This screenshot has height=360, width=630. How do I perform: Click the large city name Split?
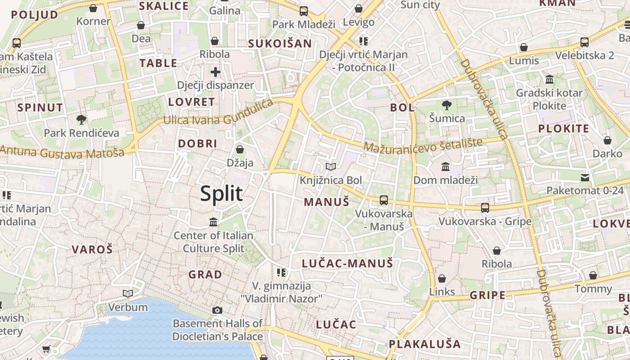coord(221,193)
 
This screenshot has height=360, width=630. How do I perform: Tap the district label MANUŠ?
coord(326,202)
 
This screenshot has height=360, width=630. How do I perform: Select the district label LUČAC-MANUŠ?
coord(347,263)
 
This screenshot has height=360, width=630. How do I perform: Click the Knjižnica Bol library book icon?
coord(331,167)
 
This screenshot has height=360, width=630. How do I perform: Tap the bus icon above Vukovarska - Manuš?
coord(384,200)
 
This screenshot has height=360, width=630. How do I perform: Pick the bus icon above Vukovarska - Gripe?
coord(485,208)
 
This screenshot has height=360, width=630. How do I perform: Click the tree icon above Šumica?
coord(446,105)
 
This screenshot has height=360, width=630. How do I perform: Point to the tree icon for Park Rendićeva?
coord(81,120)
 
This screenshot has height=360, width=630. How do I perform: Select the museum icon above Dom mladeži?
coord(445,167)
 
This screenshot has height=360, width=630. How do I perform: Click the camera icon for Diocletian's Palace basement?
coord(217,310)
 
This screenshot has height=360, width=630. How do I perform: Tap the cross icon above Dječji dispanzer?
coord(215,72)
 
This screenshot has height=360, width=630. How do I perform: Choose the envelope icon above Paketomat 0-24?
coord(585,177)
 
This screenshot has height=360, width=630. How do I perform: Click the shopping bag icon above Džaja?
coord(240,149)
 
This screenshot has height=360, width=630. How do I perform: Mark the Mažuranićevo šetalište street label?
coord(423,145)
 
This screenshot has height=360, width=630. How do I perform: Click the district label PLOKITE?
coord(563,129)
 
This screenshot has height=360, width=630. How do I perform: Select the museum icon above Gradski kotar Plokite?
coord(549,80)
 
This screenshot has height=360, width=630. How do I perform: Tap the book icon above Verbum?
coord(128,294)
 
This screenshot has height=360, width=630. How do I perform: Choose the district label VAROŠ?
coord(92,249)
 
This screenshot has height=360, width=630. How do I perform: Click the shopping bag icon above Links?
coord(442,279)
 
